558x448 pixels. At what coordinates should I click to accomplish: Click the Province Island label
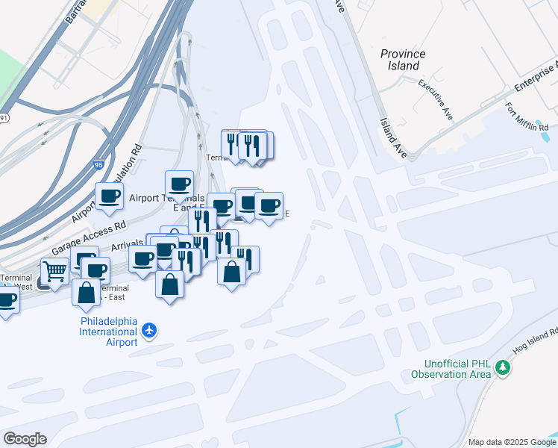[403, 60]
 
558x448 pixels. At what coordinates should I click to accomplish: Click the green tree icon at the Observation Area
[503, 367]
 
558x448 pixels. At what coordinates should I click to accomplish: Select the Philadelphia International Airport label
[109, 332]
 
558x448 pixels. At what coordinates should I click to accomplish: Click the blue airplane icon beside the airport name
[150, 330]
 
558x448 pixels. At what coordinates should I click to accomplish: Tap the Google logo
[25, 439]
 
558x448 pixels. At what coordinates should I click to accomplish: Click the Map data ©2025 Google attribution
[512, 442]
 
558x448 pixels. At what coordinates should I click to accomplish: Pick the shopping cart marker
[54, 270]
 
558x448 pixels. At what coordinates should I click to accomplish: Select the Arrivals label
[127, 245]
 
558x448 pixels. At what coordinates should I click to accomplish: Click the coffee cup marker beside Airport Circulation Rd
[109, 196]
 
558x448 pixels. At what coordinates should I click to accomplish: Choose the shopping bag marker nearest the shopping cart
[86, 291]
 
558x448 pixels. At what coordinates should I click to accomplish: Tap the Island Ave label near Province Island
[391, 138]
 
